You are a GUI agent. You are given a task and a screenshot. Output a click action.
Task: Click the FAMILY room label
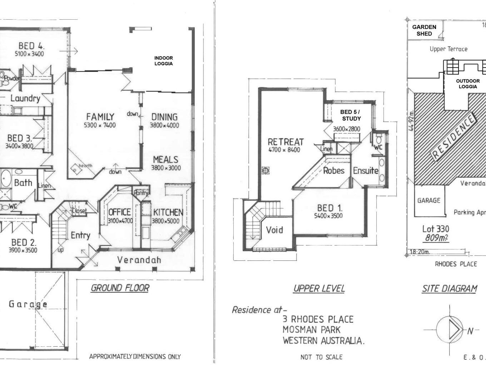tap(100, 117)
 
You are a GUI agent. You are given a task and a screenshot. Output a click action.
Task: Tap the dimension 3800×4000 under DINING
tap(164, 125)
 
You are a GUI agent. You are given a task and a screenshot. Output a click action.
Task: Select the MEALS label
tap(165, 160)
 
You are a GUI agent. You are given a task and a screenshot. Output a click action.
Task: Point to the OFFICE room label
tap(119, 212)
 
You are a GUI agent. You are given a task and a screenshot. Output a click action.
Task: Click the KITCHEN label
tap(168, 212)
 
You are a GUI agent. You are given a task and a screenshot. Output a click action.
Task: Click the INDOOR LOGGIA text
tap(163, 61)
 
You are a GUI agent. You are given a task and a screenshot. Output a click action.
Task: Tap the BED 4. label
tap(31, 46)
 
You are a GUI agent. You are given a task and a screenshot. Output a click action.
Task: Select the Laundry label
tap(25, 98)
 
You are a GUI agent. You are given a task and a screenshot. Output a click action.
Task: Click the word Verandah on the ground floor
tap(139, 260)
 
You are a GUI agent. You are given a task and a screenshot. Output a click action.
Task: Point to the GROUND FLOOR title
tap(120, 288)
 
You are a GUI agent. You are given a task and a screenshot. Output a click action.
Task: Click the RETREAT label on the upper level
tap(286, 142)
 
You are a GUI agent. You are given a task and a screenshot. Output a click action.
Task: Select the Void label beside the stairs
tap(274, 230)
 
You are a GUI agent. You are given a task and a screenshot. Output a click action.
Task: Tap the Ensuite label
tap(366, 171)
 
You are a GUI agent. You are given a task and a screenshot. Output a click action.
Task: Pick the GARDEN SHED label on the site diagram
tap(424, 30)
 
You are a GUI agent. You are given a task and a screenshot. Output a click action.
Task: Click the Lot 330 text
tap(435, 229)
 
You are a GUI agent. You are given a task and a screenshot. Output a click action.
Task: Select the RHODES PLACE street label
tap(456, 264)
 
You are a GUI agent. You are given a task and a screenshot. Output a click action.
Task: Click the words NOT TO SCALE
tap(321, 357)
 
